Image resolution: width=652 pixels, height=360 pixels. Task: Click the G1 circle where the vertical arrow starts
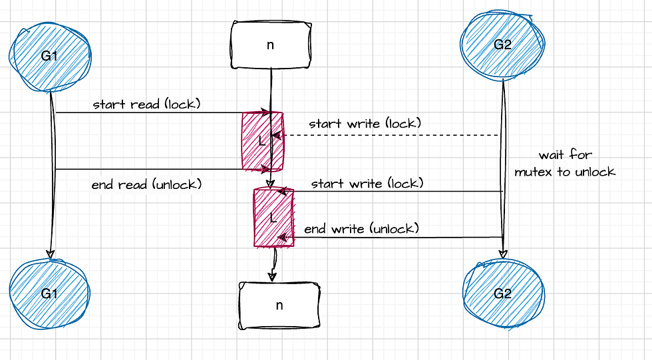pos(50,57)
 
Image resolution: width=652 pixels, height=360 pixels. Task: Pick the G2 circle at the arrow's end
pos(502,293)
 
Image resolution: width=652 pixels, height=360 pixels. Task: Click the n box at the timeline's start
pos(271,44)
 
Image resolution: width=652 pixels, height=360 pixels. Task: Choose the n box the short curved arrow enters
pos(279,305)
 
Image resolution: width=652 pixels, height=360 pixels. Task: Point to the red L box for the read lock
pos(262,142)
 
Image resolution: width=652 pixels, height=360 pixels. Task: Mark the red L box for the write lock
pos(273,218)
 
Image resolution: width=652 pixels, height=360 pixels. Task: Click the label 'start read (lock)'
pos(147,104)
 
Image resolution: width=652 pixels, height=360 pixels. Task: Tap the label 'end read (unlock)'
pos(146,184)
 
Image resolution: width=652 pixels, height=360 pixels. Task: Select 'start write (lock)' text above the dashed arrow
pos(365,124)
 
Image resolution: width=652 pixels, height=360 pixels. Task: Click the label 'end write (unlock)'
pos(361,229)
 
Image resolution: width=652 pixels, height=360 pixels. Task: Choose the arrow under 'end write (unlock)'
pos(393,237)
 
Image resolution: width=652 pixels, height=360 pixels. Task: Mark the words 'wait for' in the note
pos(565,155)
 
